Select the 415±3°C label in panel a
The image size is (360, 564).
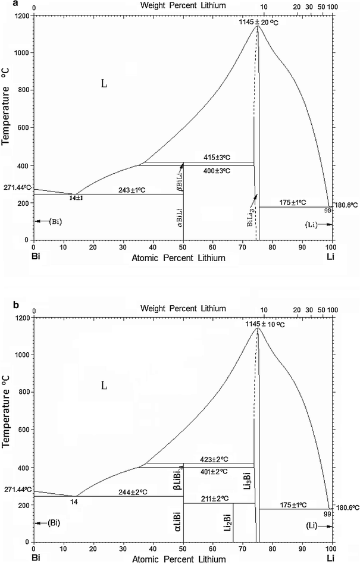220,157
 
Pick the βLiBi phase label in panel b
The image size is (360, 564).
178,480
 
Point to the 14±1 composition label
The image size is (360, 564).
75,198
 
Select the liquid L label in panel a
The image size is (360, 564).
104,84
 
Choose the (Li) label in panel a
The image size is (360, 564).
311,224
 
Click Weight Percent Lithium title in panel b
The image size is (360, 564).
183,308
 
